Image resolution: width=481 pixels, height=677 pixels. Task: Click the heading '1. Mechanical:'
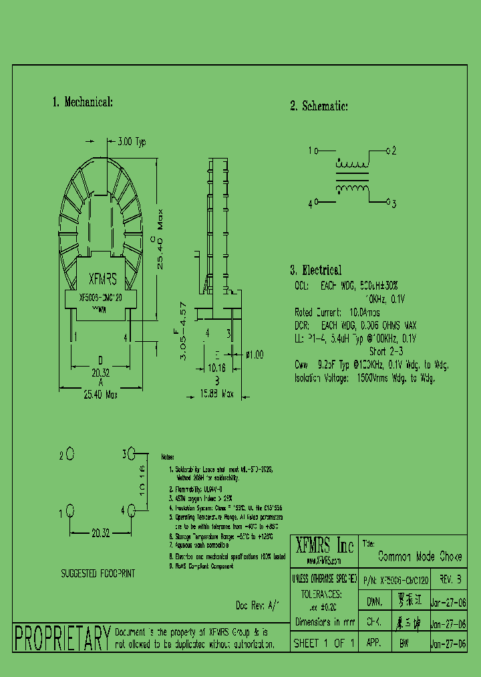tap(82, 102)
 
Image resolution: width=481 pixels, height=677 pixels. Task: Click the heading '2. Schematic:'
tap(319, 106)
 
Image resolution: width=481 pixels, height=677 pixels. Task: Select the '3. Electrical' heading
tap(315, 270)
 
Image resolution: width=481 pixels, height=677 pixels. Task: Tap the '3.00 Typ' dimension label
tap(131, 142)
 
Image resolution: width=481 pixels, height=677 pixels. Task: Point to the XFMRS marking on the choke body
tap(103, 279)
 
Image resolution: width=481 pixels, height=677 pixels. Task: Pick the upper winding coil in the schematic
tap(351, 165)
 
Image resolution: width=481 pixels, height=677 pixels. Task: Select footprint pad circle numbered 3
tap(132, 454)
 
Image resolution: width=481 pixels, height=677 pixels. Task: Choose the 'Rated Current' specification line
tap(337, 312)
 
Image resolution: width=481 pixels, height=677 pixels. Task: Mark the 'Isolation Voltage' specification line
tap(365, 378)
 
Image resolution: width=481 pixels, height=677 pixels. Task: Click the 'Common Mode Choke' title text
tap(420, 557)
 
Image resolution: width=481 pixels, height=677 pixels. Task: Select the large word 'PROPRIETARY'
tap(62, 638)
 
